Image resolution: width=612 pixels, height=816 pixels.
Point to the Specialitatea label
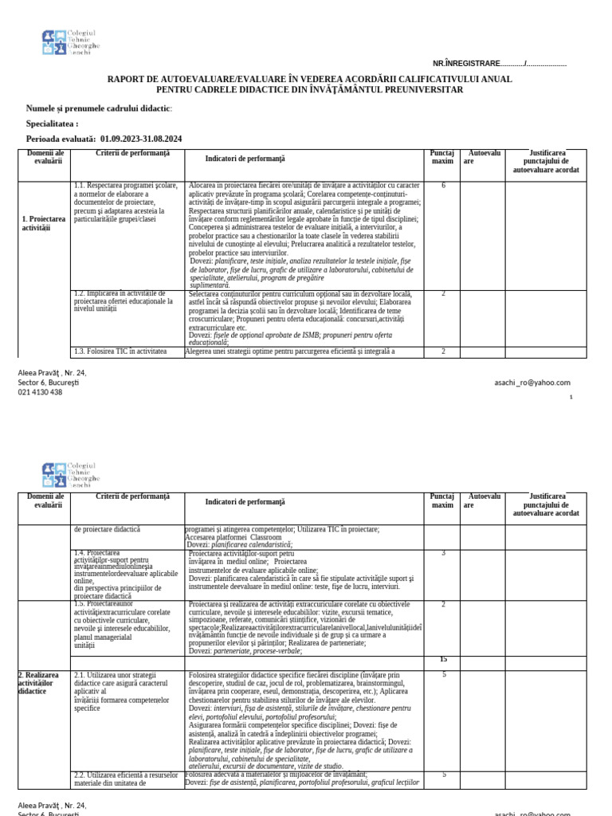coord(53,124)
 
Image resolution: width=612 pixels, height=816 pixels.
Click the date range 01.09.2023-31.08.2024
coord(141,139)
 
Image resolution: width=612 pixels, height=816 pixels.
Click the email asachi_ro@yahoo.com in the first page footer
coord(532,382)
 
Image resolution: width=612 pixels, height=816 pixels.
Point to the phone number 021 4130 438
coord(40,392)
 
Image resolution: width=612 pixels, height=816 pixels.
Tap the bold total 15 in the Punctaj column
coord(443,659)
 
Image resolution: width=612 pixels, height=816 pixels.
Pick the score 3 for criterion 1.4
coord(443,553)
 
